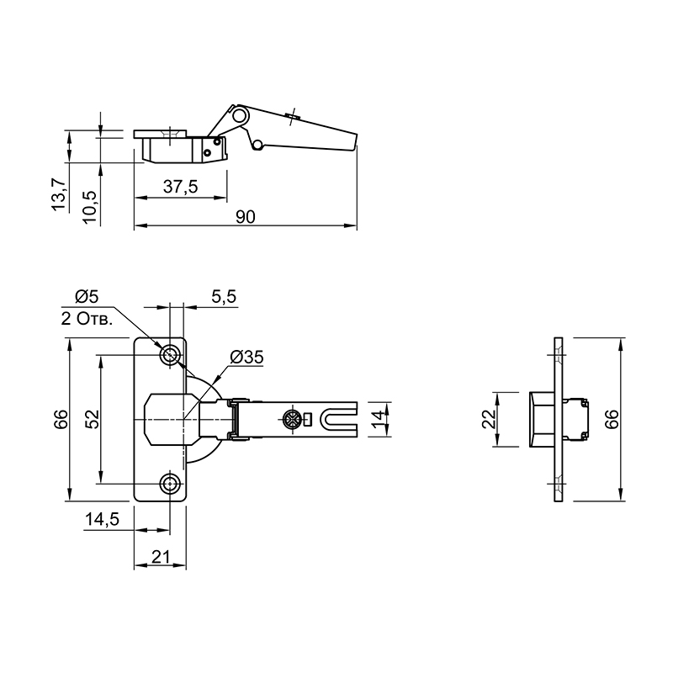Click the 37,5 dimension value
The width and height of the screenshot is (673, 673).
pyautogui.click(x=180, y=187)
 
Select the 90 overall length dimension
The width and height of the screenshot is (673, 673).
pyautogui.click(x=246, y=217)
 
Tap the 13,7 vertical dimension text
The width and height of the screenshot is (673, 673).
pyautogui.click(x=59, y=194)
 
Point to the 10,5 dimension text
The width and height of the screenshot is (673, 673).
pyautogui.click(x=91, y=206)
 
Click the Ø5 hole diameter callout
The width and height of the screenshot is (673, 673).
pyautogui.click(x=87, y=296)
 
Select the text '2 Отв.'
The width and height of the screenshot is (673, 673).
pyautogui.click(x=87, y=319)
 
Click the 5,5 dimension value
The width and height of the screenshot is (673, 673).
pyautogui.click(x=224, y=297)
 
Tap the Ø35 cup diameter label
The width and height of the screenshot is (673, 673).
pyautogui.click(x=246, y=357)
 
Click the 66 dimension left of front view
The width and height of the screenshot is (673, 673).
pyautogui.click(x=61, y=419)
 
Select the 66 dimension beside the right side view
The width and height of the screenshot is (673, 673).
pyautogui.click(x=612, y=419)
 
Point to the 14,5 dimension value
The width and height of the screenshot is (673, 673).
pyautogui.click(x=102, y=520)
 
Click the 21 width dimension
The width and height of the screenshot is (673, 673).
pyautogui.click(x=161, y=557)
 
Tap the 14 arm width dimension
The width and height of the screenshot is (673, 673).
pyautogui.click(x=378, y=419)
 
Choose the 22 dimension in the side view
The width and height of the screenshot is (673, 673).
pyautogui.click(x=489, y=419)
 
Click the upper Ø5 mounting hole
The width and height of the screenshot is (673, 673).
pyautogui.click(x=170, y=355)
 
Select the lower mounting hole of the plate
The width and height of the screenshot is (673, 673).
pyautogui.click(x=170, y=485)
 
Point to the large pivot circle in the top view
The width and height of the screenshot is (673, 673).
pyautogui.click(x=240, y=114)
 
